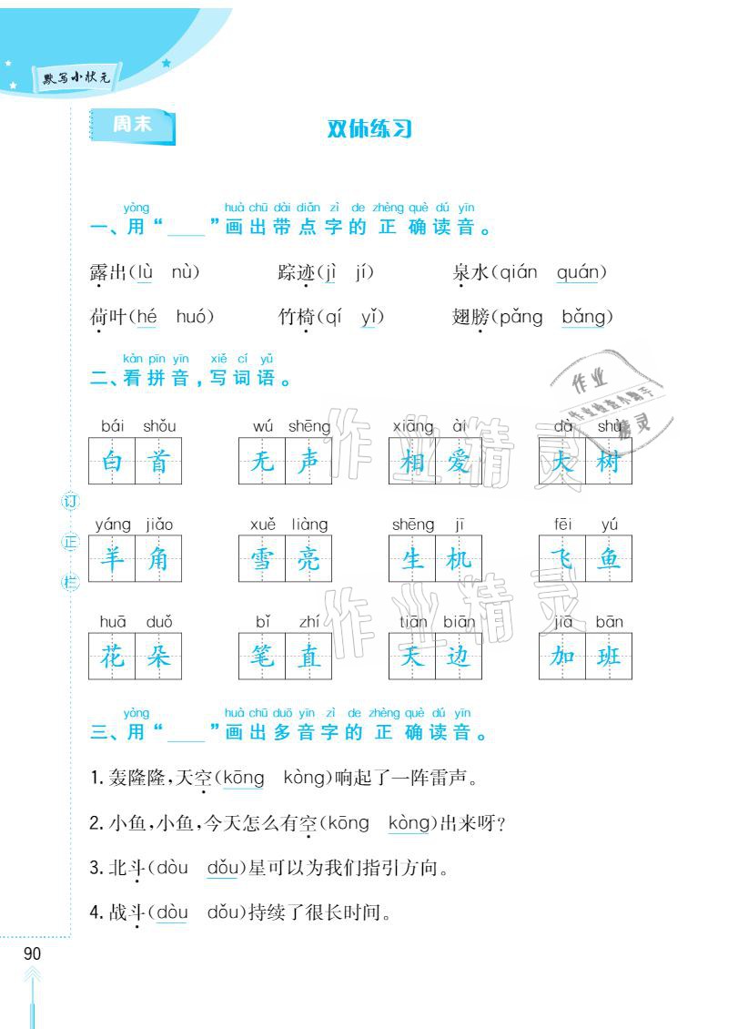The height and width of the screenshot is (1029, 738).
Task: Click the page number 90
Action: [x=32, y=954]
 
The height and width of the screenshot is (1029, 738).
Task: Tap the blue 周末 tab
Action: [x=132, y=127]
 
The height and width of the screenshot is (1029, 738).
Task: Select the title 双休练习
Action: [x=370, y=129]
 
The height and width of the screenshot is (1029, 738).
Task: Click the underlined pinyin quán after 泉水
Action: [x=576, y=272]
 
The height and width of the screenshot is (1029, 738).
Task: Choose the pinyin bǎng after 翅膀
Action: [x=587, y=317]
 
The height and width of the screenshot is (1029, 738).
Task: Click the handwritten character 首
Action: [x=158, y=463]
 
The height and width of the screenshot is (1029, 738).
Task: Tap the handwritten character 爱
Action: [x=459, y=463]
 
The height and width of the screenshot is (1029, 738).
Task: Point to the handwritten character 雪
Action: [x=262, y=558]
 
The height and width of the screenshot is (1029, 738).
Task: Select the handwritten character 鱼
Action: [x=609, y=558]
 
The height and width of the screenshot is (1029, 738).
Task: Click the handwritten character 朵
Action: [x=158, y=656]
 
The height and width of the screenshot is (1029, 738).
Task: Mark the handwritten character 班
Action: [x=609, y=656]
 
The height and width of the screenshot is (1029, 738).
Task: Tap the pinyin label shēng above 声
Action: [x=309, y=426]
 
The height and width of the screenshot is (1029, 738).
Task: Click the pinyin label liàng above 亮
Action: [x=309, y=525]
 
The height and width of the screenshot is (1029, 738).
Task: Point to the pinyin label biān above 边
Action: [x=460, y=622]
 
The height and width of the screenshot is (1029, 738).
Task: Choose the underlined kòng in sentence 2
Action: [x=408, y=823]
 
